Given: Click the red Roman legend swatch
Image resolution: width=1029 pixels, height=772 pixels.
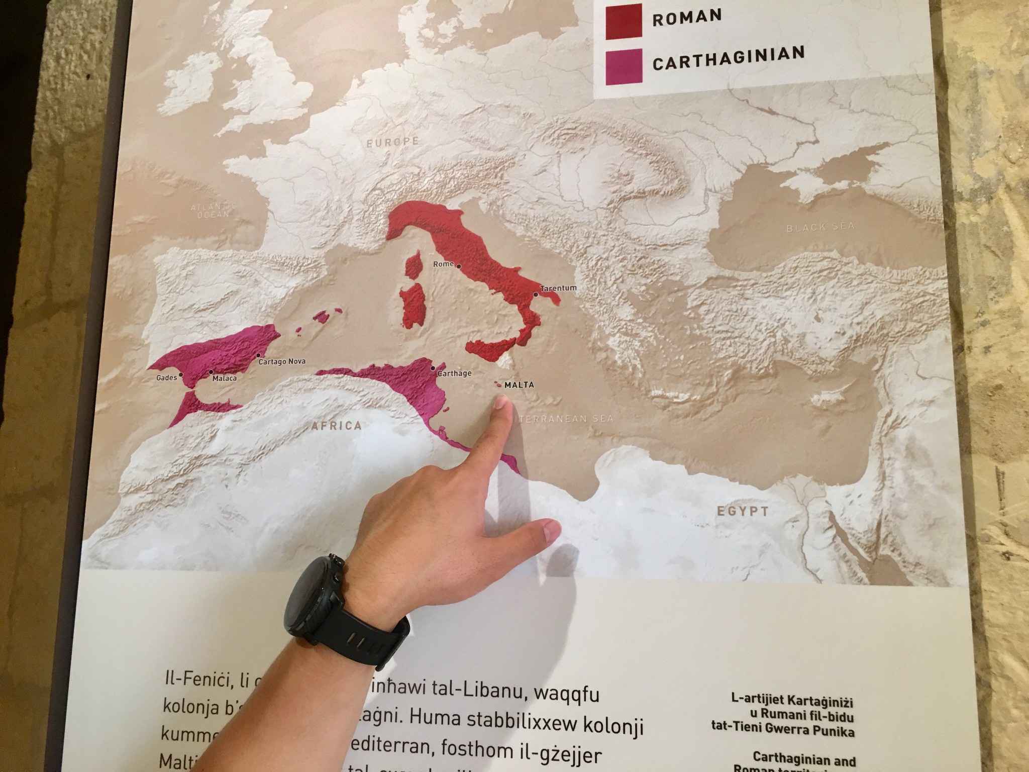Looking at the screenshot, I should tap(624, 21).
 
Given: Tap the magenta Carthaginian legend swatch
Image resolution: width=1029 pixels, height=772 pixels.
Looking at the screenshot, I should tap(624, 67).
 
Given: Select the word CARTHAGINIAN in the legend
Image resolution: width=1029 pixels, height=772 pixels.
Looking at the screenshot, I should tap(728, 59).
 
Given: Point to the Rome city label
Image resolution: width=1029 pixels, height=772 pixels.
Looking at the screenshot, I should tap(443, 264).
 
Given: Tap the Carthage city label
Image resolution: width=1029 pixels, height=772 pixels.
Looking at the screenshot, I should tap(454, 373).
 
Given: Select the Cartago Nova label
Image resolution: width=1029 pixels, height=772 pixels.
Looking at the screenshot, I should tap(282, 361).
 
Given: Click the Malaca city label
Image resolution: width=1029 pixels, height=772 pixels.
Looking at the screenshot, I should tap(224, 378).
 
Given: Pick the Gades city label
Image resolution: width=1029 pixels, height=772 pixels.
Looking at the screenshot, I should tap(167, 377).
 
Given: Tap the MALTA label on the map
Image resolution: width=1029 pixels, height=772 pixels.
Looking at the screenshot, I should tap(519, 385).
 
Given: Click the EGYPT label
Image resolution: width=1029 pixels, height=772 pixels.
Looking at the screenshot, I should tap(743, 512).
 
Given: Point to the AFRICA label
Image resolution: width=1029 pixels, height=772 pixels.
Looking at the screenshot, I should tap(336, 426).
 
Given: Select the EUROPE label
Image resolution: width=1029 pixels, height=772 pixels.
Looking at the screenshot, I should tap(392, 142).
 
